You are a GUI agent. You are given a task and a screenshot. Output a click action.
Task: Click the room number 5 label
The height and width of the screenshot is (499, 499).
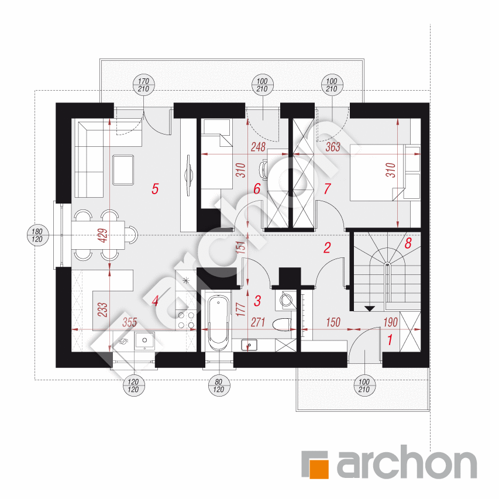tap(155, 189)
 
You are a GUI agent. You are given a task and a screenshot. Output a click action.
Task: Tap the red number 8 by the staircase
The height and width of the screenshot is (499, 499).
tap(408, 243)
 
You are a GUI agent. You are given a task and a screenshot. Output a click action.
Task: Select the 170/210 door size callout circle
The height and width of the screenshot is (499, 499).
tap(143, 85)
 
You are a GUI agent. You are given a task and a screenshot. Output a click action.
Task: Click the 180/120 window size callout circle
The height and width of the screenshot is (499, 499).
tap(37, 235)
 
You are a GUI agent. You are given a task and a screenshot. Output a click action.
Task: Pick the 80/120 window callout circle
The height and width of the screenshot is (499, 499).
tap(219, 386)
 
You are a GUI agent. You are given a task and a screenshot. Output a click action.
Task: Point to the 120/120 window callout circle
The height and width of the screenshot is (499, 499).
tap(133, 386)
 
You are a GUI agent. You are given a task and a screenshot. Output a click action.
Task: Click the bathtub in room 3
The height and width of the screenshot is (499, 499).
tap(219, 322)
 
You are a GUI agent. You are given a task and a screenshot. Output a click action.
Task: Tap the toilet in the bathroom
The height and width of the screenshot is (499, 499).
tap(283, 324)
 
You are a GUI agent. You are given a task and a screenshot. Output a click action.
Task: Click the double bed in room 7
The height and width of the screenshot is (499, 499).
tap(377, 173)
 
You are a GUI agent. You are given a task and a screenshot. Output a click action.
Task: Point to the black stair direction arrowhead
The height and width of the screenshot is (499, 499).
tap(370, 308)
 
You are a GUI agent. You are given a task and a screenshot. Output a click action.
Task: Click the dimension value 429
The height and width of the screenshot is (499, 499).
tap(103, 236)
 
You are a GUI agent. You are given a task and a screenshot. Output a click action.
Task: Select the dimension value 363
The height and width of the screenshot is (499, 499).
tap(333, 147)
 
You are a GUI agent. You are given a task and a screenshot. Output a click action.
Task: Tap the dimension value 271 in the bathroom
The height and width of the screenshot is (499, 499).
tap(258, 322)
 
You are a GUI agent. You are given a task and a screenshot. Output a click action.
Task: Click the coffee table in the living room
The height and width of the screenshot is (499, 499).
tap(123, 170)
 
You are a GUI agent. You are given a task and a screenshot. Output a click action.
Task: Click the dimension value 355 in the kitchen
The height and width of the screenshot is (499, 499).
tap(129, 322)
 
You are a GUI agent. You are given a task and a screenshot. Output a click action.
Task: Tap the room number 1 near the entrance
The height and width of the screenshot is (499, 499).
tap(390, 340)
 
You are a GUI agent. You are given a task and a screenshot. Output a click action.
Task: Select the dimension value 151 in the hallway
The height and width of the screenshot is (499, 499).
tap(241, 247)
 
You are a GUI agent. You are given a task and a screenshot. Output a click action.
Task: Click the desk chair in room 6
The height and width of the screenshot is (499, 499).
tap(263, 169)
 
